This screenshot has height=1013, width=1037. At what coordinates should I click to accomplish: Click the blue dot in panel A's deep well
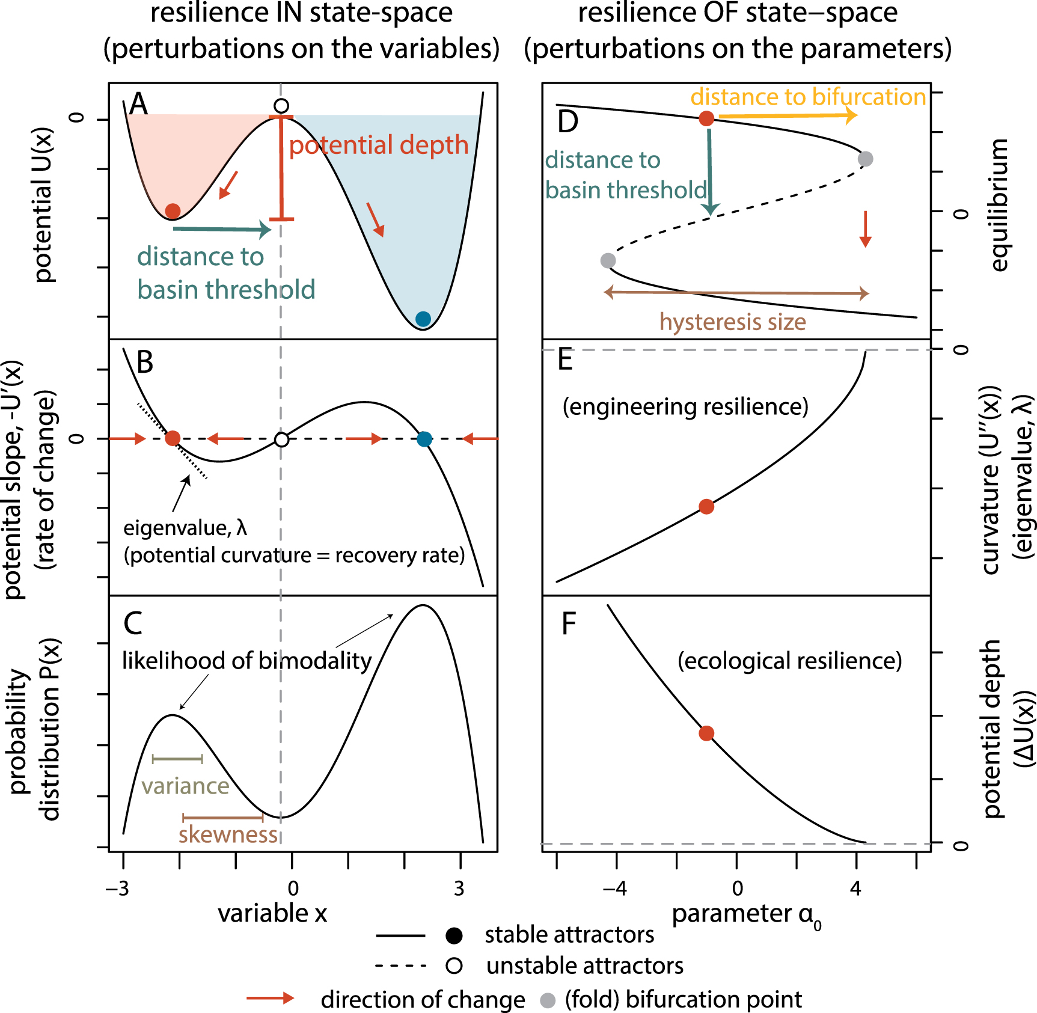click(423, 319)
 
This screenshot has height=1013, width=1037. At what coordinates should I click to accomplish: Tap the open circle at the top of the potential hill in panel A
click(281, 106)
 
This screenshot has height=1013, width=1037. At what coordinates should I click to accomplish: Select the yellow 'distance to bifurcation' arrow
click(788, 115)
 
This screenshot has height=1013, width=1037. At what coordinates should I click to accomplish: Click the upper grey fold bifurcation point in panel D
click(865, 159)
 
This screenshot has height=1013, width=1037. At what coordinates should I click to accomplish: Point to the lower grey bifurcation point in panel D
click(608, 260)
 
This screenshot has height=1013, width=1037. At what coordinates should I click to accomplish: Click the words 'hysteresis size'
click(732, 322)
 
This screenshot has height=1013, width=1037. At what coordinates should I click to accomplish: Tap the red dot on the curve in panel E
click(706, 507)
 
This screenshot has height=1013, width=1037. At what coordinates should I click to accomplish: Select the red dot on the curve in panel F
click(706, 733)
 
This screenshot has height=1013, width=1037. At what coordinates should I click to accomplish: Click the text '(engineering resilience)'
click(685, 407)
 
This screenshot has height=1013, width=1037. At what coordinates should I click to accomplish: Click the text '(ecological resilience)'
click(789, 661)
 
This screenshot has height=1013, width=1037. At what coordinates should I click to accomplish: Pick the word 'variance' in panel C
click(185, 786)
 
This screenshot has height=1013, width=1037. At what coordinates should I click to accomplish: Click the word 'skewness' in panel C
click(228, 834)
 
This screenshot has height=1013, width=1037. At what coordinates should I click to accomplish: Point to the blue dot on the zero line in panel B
click(424, 439)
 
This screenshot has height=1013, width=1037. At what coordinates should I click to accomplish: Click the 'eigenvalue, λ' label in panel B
click(185, 528)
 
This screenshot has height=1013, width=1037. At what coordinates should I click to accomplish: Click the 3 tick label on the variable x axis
click(459, 888)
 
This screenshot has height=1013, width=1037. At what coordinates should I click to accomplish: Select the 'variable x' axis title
click(272, 913)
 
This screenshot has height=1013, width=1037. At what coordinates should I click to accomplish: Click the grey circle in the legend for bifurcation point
click(548, 1000)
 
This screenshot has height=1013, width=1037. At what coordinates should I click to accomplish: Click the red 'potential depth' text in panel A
click(379, 145)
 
